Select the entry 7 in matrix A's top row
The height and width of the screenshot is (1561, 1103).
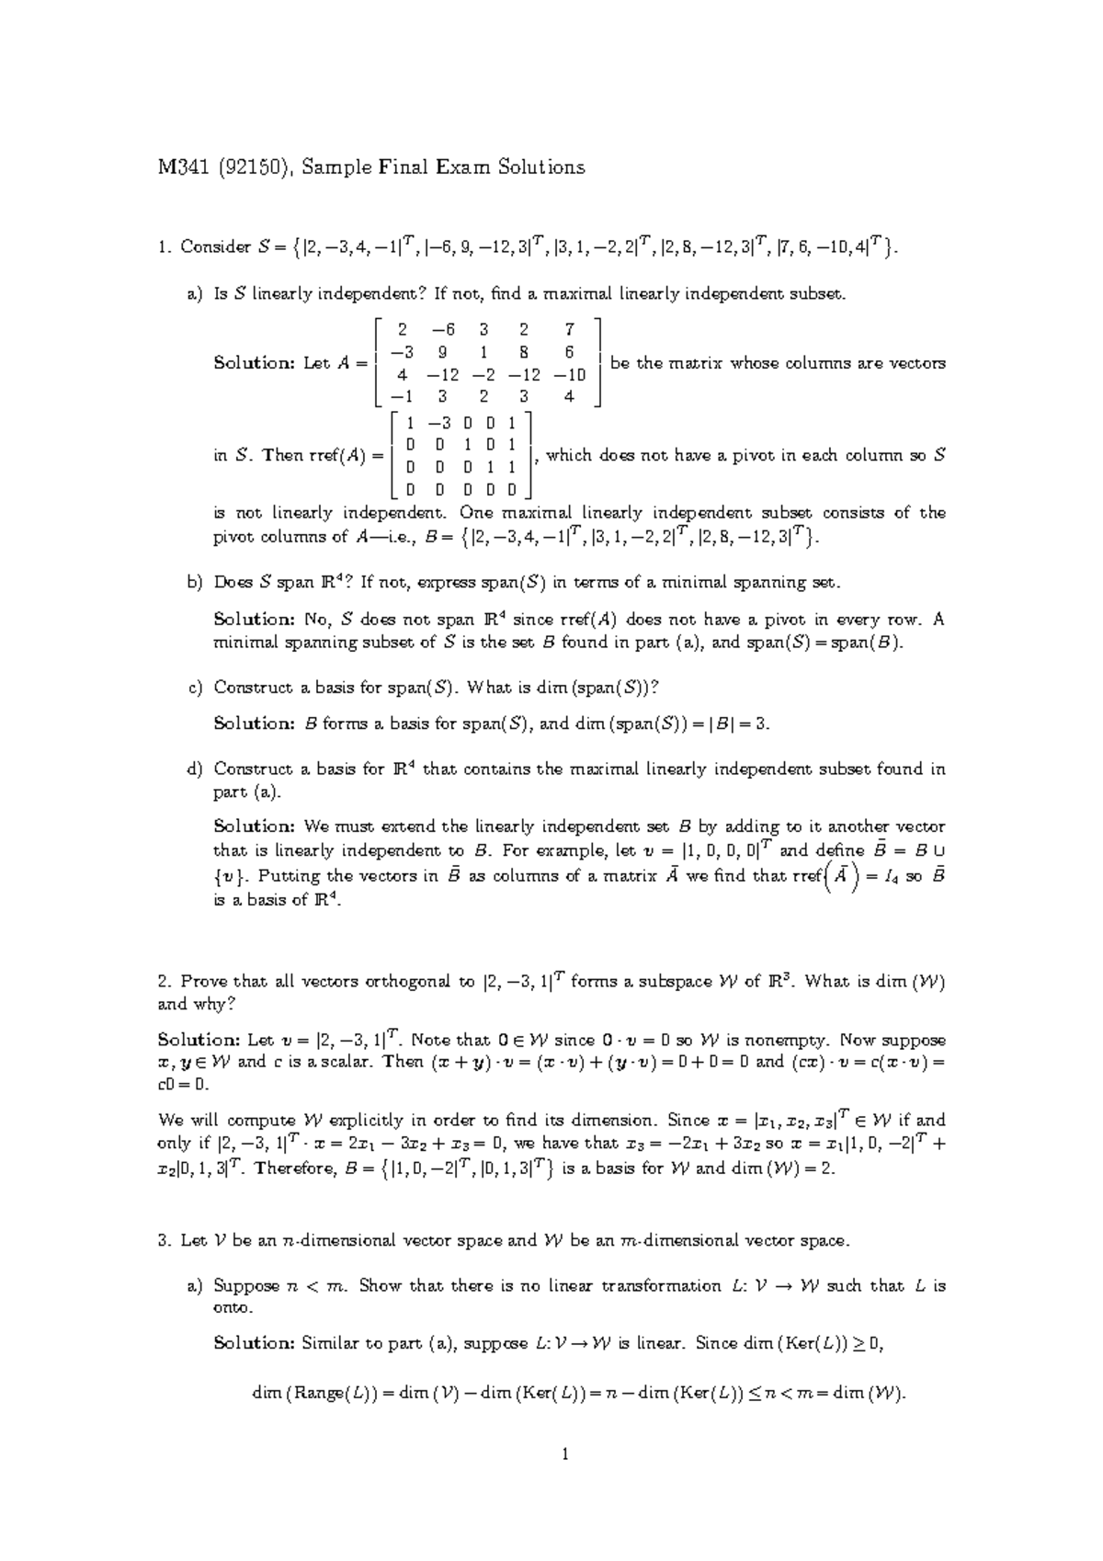pos(570,329)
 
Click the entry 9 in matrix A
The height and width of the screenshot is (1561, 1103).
pos(443,351)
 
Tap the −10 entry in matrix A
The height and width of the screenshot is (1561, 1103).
pos(570,374)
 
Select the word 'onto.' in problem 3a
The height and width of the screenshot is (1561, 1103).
pos(233,1307)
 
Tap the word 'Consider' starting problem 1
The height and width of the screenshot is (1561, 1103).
pos(215,246)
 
